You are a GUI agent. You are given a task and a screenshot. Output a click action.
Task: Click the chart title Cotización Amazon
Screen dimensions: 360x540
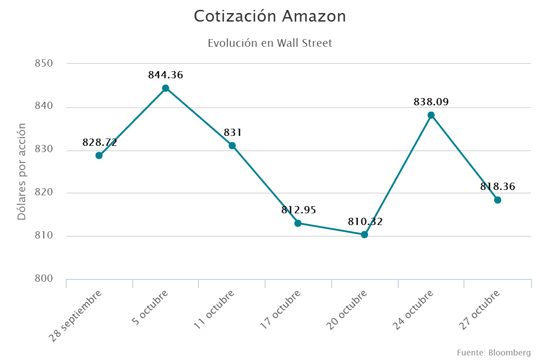coord(270,17)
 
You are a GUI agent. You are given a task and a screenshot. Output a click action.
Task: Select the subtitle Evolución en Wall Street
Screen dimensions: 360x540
coord(270,43)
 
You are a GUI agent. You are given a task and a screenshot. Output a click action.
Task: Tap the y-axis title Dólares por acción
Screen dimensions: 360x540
coord(21,171)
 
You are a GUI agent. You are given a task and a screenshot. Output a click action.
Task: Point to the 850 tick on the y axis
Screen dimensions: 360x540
coord(44,63)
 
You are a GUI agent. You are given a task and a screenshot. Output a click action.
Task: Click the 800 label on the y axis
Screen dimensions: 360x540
coord(44,279)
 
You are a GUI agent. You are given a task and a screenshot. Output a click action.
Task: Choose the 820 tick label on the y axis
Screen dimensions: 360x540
coord(44,193)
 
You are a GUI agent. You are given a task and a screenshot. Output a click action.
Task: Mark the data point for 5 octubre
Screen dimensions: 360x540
coord(166,88)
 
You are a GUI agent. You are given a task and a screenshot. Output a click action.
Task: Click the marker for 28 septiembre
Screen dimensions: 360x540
coord(99,156)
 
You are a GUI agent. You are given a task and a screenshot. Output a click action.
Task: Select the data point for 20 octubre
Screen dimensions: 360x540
coord(364,234)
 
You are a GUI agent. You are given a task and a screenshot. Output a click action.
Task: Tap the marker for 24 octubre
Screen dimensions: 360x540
coord(431,115)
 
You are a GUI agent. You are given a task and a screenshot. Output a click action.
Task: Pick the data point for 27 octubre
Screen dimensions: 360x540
coord(498,200)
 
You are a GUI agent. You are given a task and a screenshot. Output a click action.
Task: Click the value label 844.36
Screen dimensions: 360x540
coord(166,75)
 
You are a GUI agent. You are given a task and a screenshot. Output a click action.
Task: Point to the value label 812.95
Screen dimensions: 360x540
coord(299,210)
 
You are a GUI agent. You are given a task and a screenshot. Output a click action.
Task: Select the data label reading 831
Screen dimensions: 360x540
coord(233,133)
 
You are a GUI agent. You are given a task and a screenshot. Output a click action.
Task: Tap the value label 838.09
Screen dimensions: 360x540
coord(431,102)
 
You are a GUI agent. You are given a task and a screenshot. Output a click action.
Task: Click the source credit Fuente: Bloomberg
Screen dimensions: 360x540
coord(494,352)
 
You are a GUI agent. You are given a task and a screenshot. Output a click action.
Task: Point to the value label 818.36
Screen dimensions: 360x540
coord(498,187)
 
